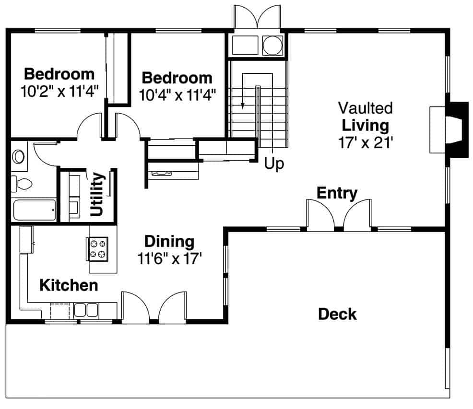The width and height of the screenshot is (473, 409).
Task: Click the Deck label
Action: tap(337, 315)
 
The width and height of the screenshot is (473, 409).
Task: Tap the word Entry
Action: tap(337, 193)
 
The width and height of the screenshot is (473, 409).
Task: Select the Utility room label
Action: tap(97, 195)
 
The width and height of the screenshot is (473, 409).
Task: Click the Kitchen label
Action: tap(69, 285)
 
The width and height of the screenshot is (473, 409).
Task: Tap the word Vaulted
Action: tap(365, 108)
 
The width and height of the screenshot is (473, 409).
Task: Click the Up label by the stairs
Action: tap(274, 164)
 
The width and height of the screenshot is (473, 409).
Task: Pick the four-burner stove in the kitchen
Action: tap(97, 248)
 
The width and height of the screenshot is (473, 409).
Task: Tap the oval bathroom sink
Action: tap(19, 156)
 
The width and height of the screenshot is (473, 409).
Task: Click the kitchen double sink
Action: tap(86, 309)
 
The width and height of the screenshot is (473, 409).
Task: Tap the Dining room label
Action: tap(169, 241)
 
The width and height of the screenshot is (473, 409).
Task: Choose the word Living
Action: tap(365, 125)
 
